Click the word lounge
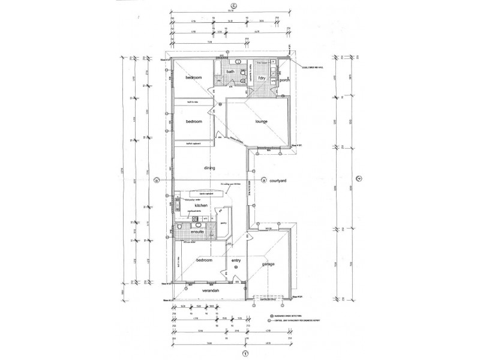260,122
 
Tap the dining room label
209,168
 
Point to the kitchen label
200,205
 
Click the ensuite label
198,232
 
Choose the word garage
268,263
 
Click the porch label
284,79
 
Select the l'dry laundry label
261,79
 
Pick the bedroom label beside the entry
205,260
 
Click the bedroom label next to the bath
193,79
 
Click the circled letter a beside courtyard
264,180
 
